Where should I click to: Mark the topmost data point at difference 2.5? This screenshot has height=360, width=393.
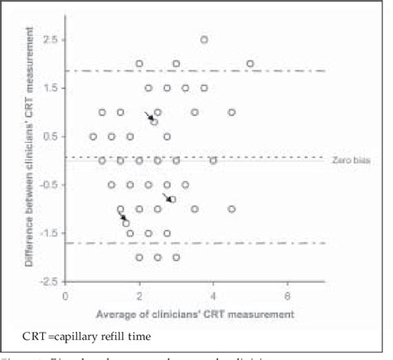tap(204, 40)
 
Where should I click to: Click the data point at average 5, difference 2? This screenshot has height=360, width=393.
tap(250, 64)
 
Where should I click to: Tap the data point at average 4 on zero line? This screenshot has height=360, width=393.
tap(213, 160)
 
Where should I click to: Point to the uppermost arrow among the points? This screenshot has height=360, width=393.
tap(148, 116)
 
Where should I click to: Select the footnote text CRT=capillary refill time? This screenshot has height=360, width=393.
tap(88, 334)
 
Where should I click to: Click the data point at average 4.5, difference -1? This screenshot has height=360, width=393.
tap(232, 209)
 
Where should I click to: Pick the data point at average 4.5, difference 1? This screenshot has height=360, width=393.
tap(232, 112)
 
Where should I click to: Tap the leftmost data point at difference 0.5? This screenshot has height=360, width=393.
tap(93, 136)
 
